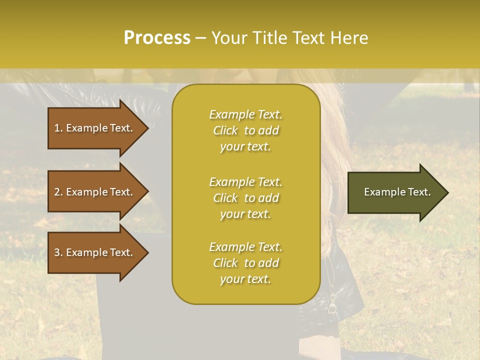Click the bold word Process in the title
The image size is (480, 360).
[x=157, y=38]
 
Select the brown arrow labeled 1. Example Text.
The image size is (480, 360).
[x=95, y=128]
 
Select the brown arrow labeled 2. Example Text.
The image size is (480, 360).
[x=95, y=192]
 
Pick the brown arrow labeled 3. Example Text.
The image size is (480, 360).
[x=95, y=252]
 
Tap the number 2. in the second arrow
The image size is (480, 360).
[x=58, y=192]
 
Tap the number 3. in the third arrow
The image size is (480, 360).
[x=58, y=252]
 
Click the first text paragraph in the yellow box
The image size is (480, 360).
[x=245, y=130]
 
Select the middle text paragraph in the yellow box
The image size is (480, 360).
[x=245, y=198]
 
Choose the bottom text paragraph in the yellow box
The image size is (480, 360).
[x=245, y=263]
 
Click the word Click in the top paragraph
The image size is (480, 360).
[x=225, y=130]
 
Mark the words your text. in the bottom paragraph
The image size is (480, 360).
[x=245, y=279]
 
